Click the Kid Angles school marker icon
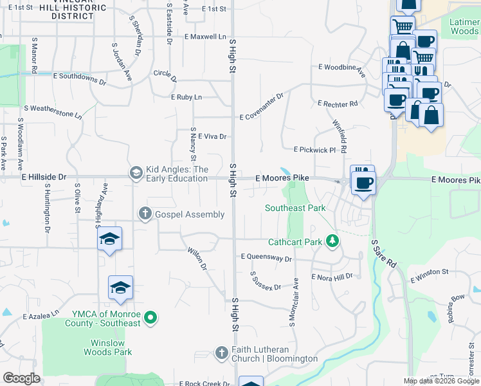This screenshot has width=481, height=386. pos(136,172)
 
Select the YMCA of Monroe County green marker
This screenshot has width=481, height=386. pos(150,318)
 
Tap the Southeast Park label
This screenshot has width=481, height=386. pos(295,208)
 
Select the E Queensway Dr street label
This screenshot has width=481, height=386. pos(266,257)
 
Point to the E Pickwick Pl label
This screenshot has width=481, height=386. pos(314,150)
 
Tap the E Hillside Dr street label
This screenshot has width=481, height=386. pos(44,176)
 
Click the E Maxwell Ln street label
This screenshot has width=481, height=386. pos(205,37)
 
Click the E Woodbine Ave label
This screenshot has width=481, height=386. pos(341,67)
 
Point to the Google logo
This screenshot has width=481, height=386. pos(21,378)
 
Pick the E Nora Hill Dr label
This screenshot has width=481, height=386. pos(332,277)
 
